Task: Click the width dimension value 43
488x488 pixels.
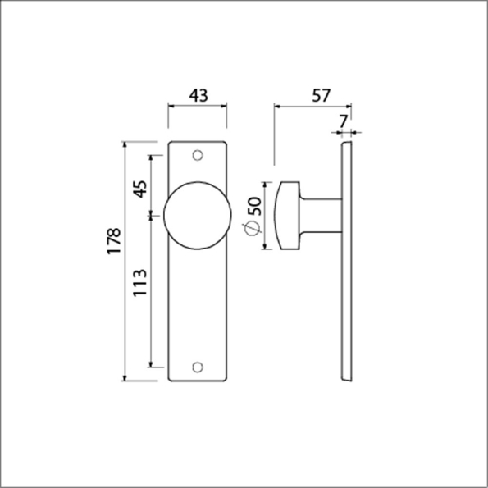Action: point(198,94)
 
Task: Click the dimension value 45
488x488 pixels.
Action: point(140,189)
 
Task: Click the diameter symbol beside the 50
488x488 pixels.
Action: point(253,230)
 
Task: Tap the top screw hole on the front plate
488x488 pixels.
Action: point(197,155)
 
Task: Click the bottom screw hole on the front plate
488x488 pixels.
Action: point(197,367)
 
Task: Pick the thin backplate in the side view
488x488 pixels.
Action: point(348,262)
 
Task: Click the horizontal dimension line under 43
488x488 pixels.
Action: point(198,105)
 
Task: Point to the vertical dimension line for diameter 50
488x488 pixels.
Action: point(264,217)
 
